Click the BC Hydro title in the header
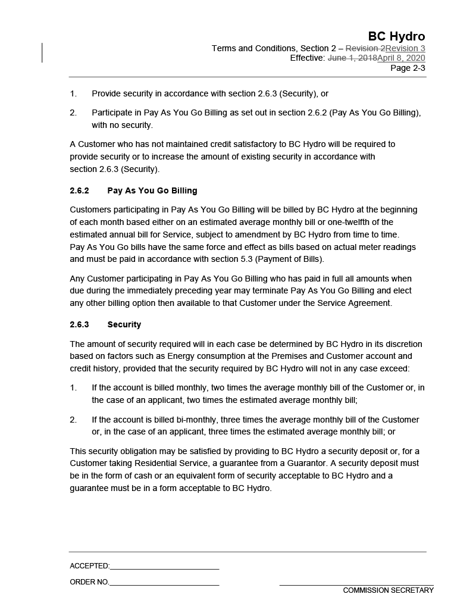point(396,36)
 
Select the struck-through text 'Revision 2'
point(365,48)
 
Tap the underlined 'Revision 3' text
point(405,48)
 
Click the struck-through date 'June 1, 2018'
point(352,58)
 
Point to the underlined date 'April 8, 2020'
point(401,58)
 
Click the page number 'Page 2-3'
point(408,68)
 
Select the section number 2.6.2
point(79,190)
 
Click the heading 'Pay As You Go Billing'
point(152,190)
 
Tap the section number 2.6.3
point(79,324)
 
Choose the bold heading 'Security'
point(124,324)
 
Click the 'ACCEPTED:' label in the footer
point(89,566)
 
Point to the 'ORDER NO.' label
point(89,582)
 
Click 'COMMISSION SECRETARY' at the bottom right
point(388,590)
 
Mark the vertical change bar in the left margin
point(42,52)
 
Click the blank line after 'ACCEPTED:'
point(164,569)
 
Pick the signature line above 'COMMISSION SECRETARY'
point(356,585)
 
